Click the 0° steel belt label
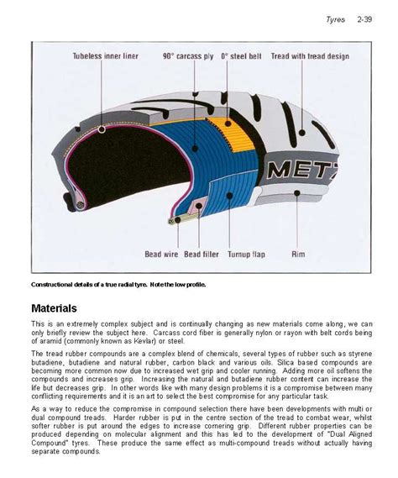(x=240, y=57)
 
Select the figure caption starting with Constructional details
(x=118, y=284)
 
